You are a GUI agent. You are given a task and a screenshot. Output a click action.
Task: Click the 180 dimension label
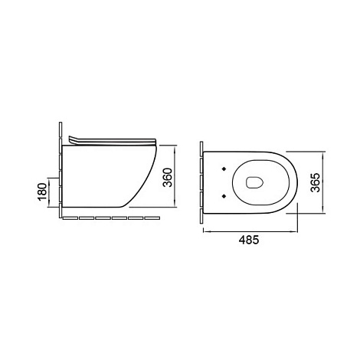pyautogui.click(x=43, y=191)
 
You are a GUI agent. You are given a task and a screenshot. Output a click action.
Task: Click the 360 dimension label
pyautogui.click(x=168, y=178)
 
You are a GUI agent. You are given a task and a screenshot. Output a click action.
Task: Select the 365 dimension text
pyautogui.click(x=315, y=182)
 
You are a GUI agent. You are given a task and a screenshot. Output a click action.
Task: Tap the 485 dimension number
pyautogui.click(x=249, y=240)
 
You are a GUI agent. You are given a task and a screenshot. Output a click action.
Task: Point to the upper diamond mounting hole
pyautogui.click(x=224, y=169)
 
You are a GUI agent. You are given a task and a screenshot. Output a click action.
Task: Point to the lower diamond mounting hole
pyautogui.click(x=224, y=196)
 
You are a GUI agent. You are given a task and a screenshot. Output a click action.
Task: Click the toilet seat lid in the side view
pyautogui.click(x=113, y=141)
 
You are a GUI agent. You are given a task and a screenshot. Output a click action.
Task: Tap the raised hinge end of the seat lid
pyautogui.click(x=72, y=139)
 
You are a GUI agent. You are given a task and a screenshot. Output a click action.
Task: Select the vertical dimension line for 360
pyautogui.click(x=175, y=176)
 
